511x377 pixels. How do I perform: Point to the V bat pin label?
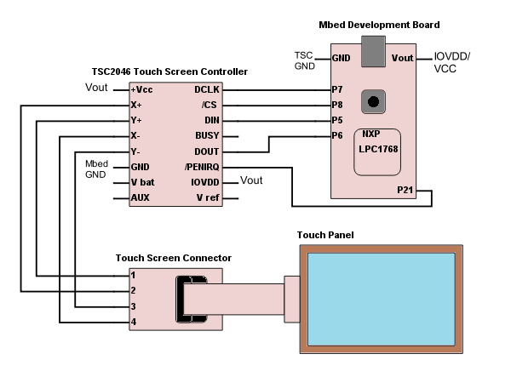tap(144, 182)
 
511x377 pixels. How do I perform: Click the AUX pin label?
tap(141, 197)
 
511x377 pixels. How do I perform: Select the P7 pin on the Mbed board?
tap(338, 89)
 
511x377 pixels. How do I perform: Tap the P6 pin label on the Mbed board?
tap(338, 135)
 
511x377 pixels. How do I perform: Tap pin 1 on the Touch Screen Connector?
tap(133, 276)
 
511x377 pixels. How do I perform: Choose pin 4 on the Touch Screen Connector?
tap(133, 322)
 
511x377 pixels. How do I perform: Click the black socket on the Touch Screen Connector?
tap(187, 300)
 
